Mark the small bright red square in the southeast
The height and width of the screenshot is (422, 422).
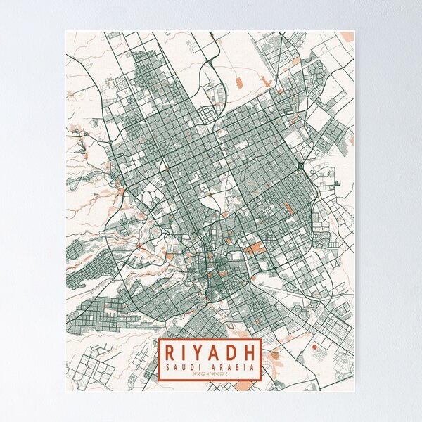[314, 347]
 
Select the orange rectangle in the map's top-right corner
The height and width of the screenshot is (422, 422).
[347, 36]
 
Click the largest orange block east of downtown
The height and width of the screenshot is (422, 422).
[255, 248]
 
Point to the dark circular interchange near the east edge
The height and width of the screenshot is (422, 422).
[300, 165]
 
